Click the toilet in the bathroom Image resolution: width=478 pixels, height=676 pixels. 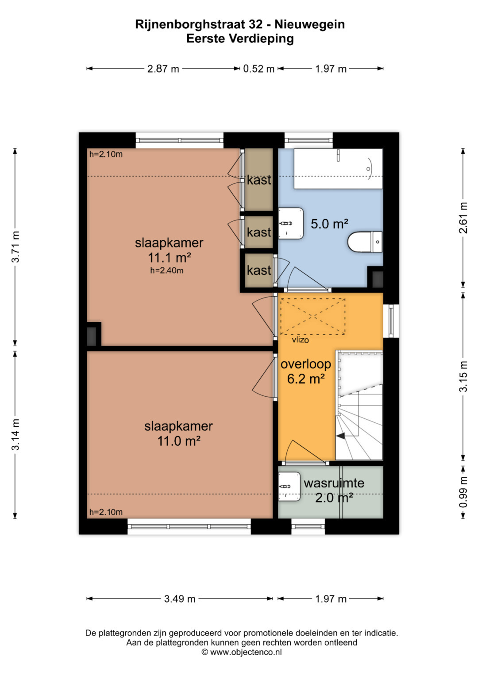[x=365, y=242]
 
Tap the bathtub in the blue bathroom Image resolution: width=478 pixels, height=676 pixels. [x=338, y=169]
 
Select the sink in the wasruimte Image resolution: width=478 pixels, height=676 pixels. [x=289, y=487]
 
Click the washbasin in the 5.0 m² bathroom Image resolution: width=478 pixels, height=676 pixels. [x=291, y=223]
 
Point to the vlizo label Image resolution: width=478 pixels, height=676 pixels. [x=300, y=340]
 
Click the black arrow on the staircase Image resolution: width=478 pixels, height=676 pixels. [x=341, y=436]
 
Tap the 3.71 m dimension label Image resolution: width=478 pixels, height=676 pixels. [x=15, y=247]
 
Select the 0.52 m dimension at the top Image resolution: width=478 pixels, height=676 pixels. [x=258, y=69]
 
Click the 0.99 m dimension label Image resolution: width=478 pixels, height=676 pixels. [x=463, y=492]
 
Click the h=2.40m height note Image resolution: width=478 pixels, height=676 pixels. [x=167, y=270]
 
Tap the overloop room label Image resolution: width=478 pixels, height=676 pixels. [x=306, y=364]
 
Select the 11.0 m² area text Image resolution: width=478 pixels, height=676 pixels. [x=179, y=441]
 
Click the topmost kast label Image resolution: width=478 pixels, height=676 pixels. [x=259, y=180]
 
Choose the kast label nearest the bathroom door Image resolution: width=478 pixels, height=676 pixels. [x=259, y=270]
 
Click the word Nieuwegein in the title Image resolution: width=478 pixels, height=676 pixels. [x=310, y=24]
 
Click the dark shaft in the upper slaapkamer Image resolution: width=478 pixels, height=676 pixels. [x=92, y=336]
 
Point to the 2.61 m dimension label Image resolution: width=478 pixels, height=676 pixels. [x=463, y=218]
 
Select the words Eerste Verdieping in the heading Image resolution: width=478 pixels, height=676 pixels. [x=240, y=39]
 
